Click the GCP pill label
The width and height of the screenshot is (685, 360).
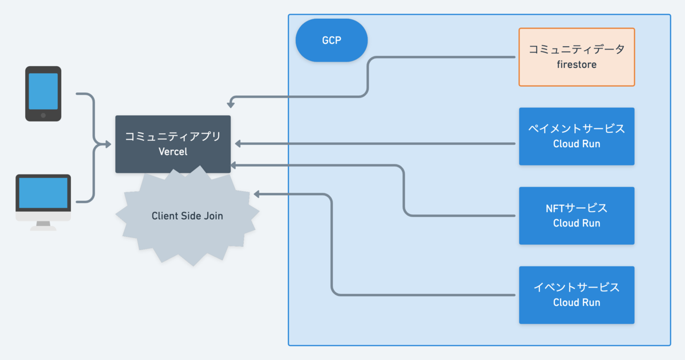(332, 41)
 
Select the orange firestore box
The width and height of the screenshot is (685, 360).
(577, 57)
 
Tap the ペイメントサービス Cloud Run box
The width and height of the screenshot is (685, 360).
(577, 136)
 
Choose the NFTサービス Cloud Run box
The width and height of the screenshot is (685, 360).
(577, 216)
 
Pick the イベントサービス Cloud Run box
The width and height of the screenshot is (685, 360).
(577, 295)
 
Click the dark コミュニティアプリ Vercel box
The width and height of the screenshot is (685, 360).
(173, 144)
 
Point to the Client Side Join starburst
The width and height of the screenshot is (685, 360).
(187, 216)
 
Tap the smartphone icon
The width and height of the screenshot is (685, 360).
(43, 94)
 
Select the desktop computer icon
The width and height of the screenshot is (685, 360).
(43, 203)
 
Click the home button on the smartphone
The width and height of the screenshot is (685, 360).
(43, 115)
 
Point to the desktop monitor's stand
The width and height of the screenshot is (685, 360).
(43, 225)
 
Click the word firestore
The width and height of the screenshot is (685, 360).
(577, 64)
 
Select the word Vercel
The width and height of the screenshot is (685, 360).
(173, 152)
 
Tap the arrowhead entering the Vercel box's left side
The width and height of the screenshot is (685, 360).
(108, 144)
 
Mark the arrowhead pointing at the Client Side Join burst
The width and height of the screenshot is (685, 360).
(257, 194)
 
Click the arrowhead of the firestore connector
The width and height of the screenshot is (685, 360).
(231, 105)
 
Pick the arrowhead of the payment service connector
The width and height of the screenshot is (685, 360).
(238, 144)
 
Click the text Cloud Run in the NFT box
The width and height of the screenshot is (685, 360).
(577, 223)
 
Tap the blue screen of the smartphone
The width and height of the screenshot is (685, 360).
(43, 91)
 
